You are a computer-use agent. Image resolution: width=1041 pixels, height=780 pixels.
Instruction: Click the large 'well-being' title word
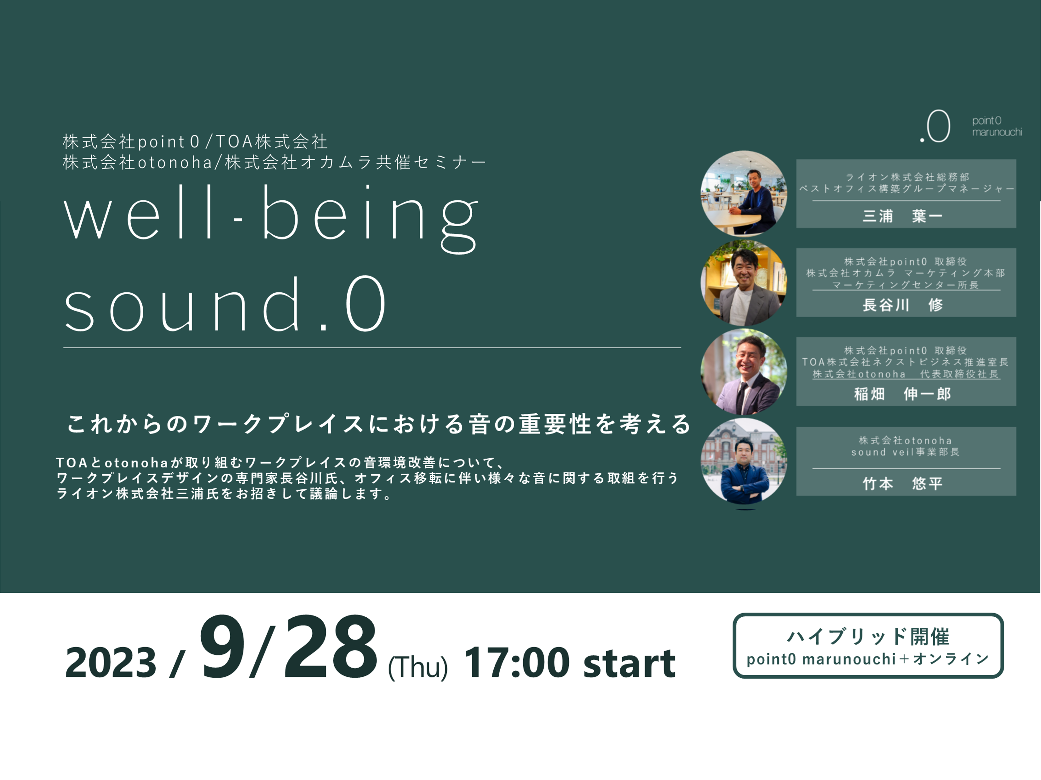[271, 219]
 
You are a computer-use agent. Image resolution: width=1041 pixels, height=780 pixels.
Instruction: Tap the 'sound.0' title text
[225, 303]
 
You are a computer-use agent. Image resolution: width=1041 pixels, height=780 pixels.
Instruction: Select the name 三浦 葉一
[902, 216]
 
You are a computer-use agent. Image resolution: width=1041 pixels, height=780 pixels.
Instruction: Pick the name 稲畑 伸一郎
[902, 394]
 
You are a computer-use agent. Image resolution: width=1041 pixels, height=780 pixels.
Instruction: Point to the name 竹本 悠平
[902, 483]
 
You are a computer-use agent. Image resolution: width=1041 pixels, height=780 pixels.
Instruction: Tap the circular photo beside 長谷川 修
[744, 282]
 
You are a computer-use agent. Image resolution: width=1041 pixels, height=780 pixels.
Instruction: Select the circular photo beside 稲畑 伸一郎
[744, 372]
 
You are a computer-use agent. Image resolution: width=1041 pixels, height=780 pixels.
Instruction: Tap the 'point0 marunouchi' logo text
[997, 126]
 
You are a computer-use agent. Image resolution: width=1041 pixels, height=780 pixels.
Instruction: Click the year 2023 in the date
[111, 662]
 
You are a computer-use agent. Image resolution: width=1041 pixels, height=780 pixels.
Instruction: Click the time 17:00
[517, 662]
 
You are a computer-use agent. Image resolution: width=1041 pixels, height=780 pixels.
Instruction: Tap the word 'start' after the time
[629, 663]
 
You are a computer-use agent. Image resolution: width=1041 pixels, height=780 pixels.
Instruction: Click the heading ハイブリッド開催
[868, 636]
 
